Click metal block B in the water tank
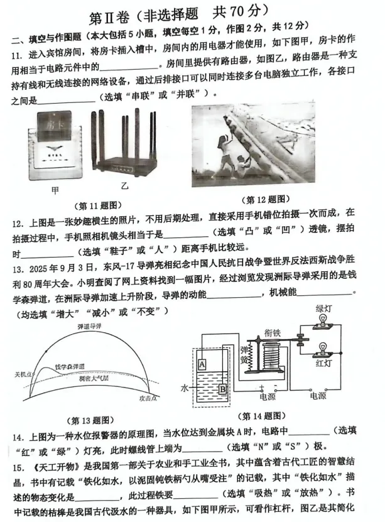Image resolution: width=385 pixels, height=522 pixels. point(224,388)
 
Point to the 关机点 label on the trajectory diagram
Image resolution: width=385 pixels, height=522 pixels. point(23,375)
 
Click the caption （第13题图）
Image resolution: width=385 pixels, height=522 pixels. point(86,420)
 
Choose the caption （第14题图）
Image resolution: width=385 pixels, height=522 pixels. point(264,415)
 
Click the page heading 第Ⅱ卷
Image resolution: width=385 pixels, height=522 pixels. point(114,11)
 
